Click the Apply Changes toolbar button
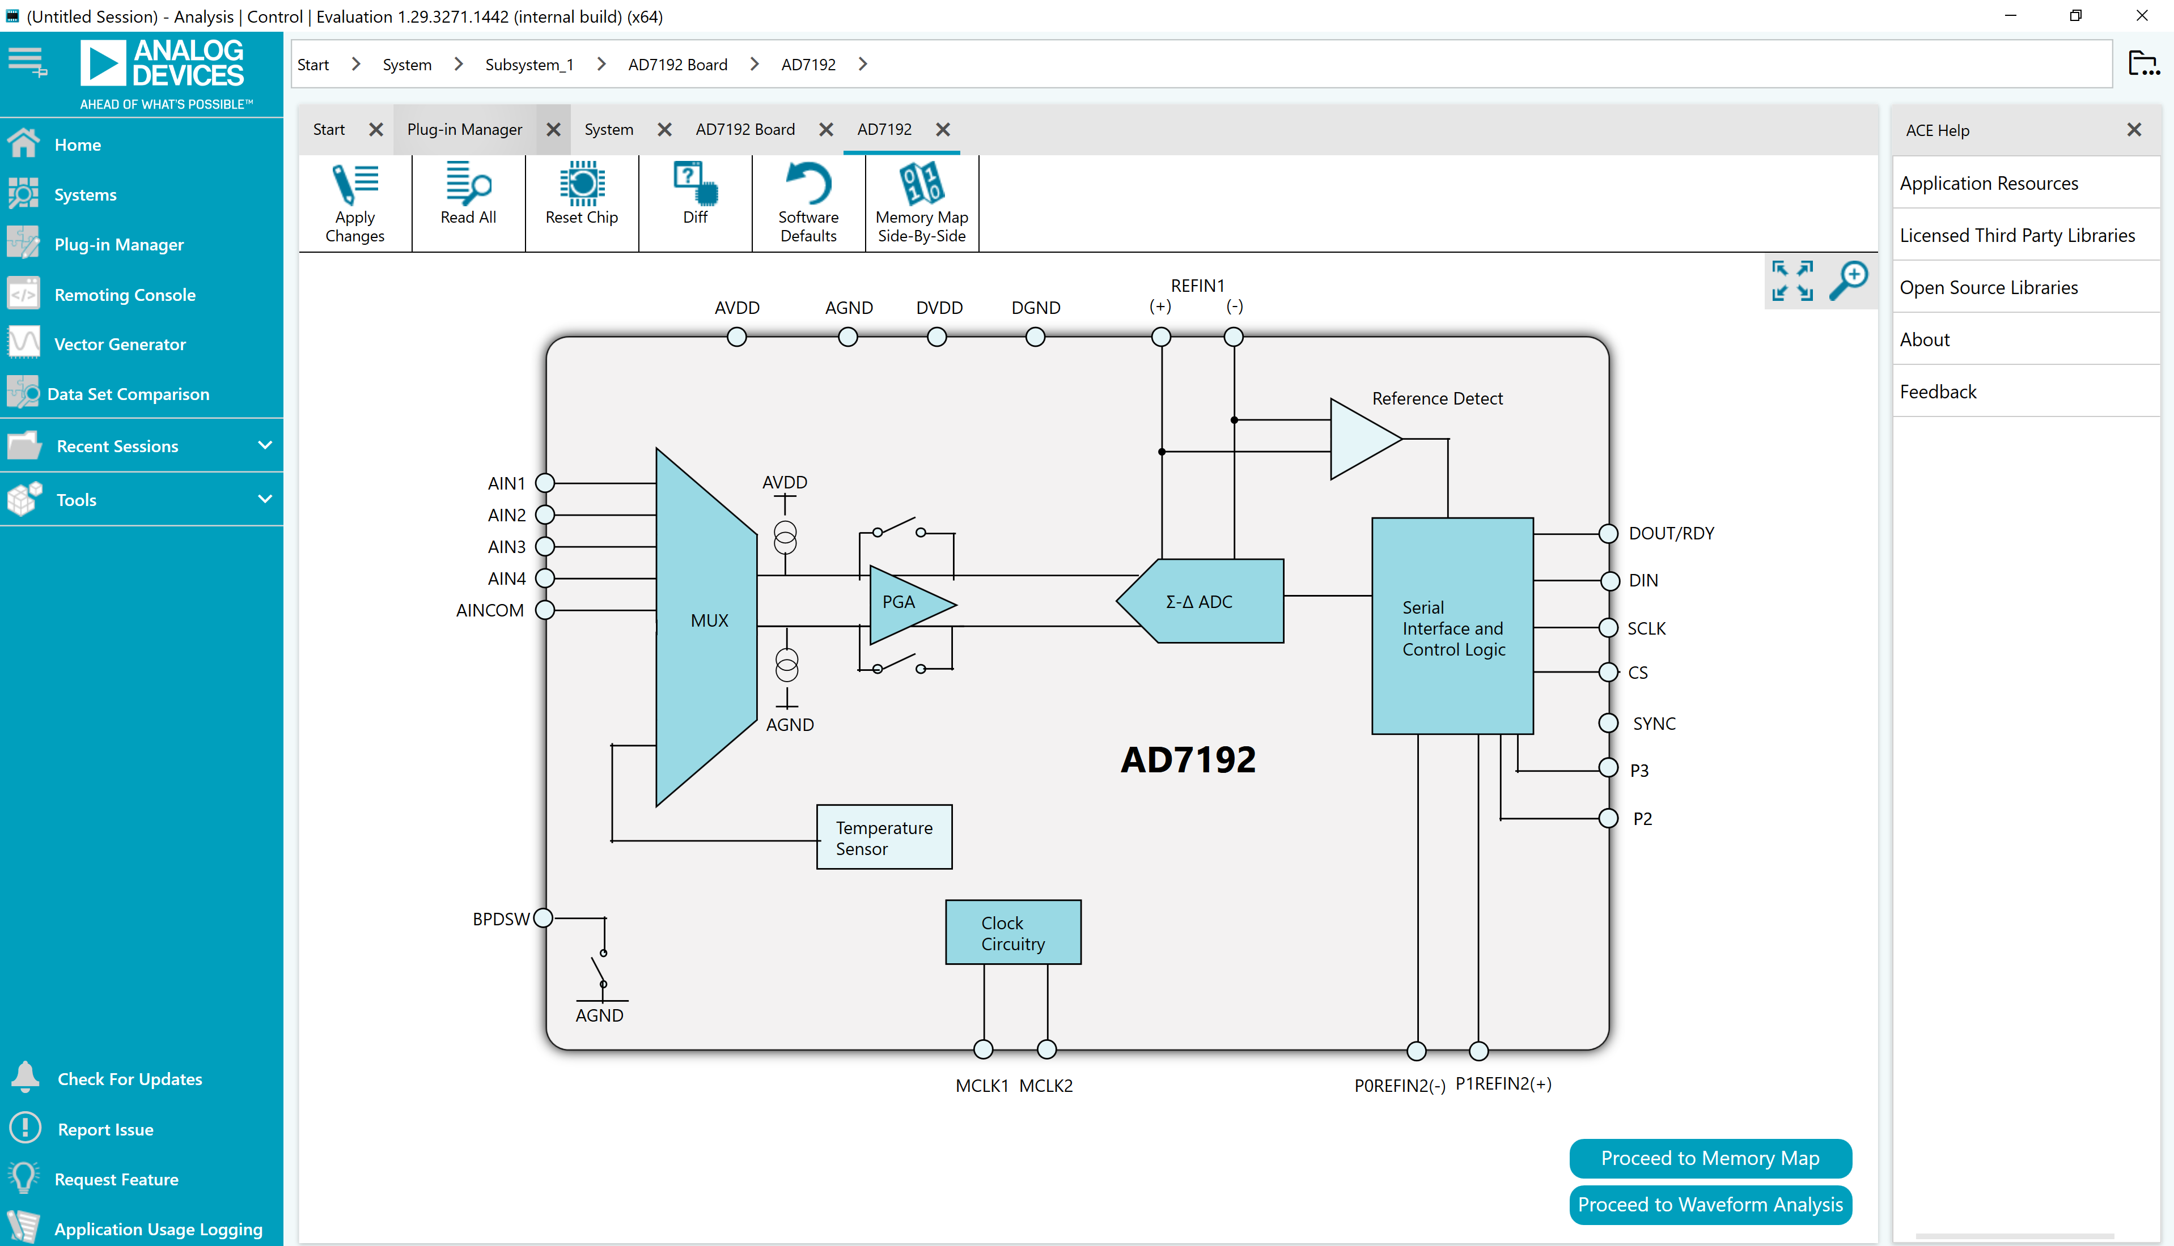[x=354, y=203]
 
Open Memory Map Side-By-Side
[x=922, y=203]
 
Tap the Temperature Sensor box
[x=884, y=837]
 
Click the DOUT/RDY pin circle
[x=1608, y=533]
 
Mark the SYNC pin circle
[x=1608, y=723]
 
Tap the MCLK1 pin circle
[x=984, y=1049]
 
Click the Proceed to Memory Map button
[x=1710, y=1158]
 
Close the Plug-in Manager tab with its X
[x=553, y=129]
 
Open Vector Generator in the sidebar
[x=120, y=344]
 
